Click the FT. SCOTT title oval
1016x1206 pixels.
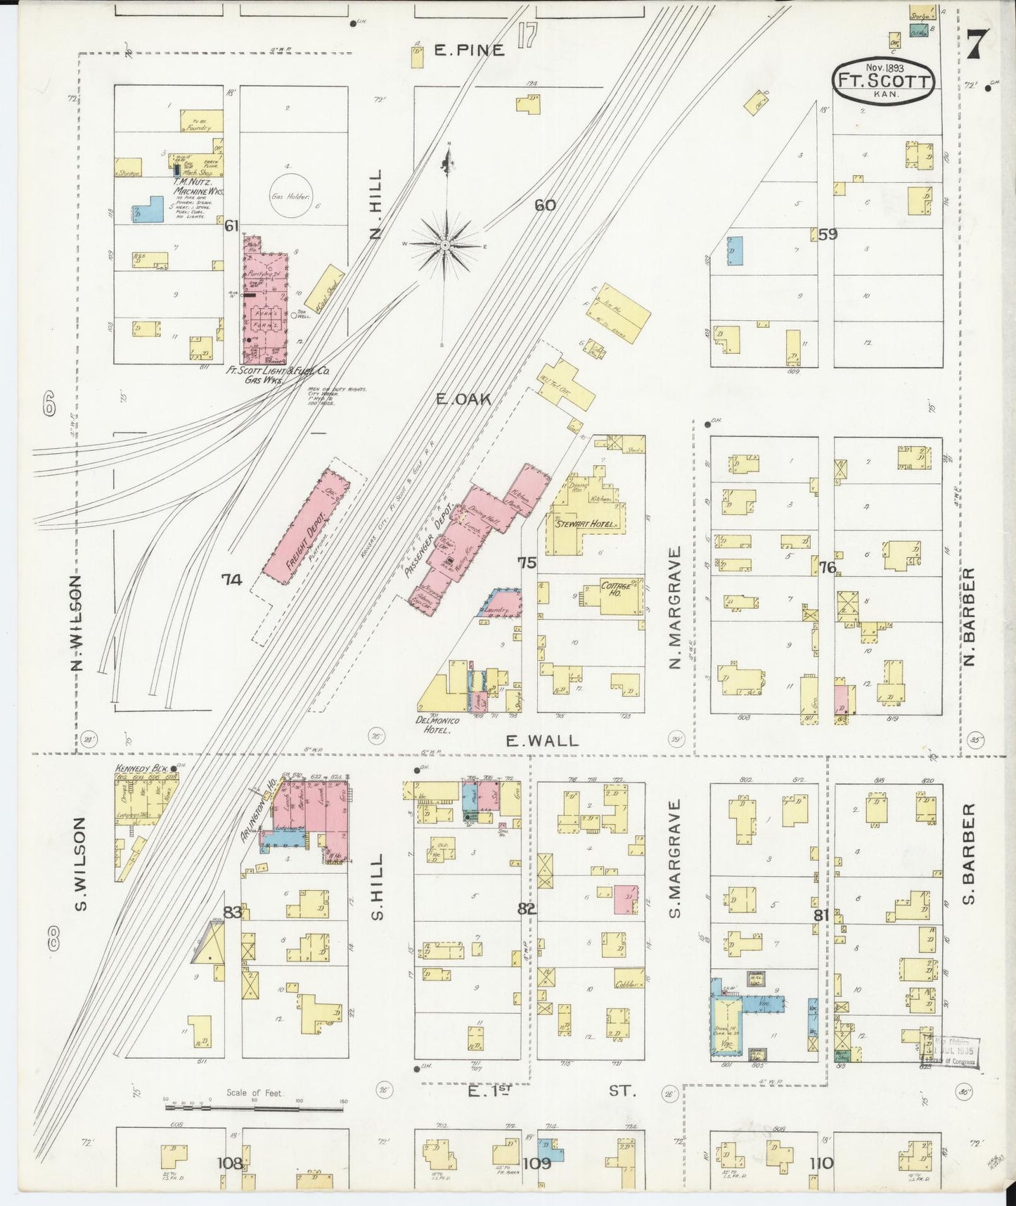[884, 81]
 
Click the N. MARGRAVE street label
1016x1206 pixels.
[676, 608]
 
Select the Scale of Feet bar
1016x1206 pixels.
[253, 1107]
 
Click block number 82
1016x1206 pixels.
[526, 908]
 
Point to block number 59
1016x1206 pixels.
[828, 234]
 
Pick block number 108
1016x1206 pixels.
[231, 1162]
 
